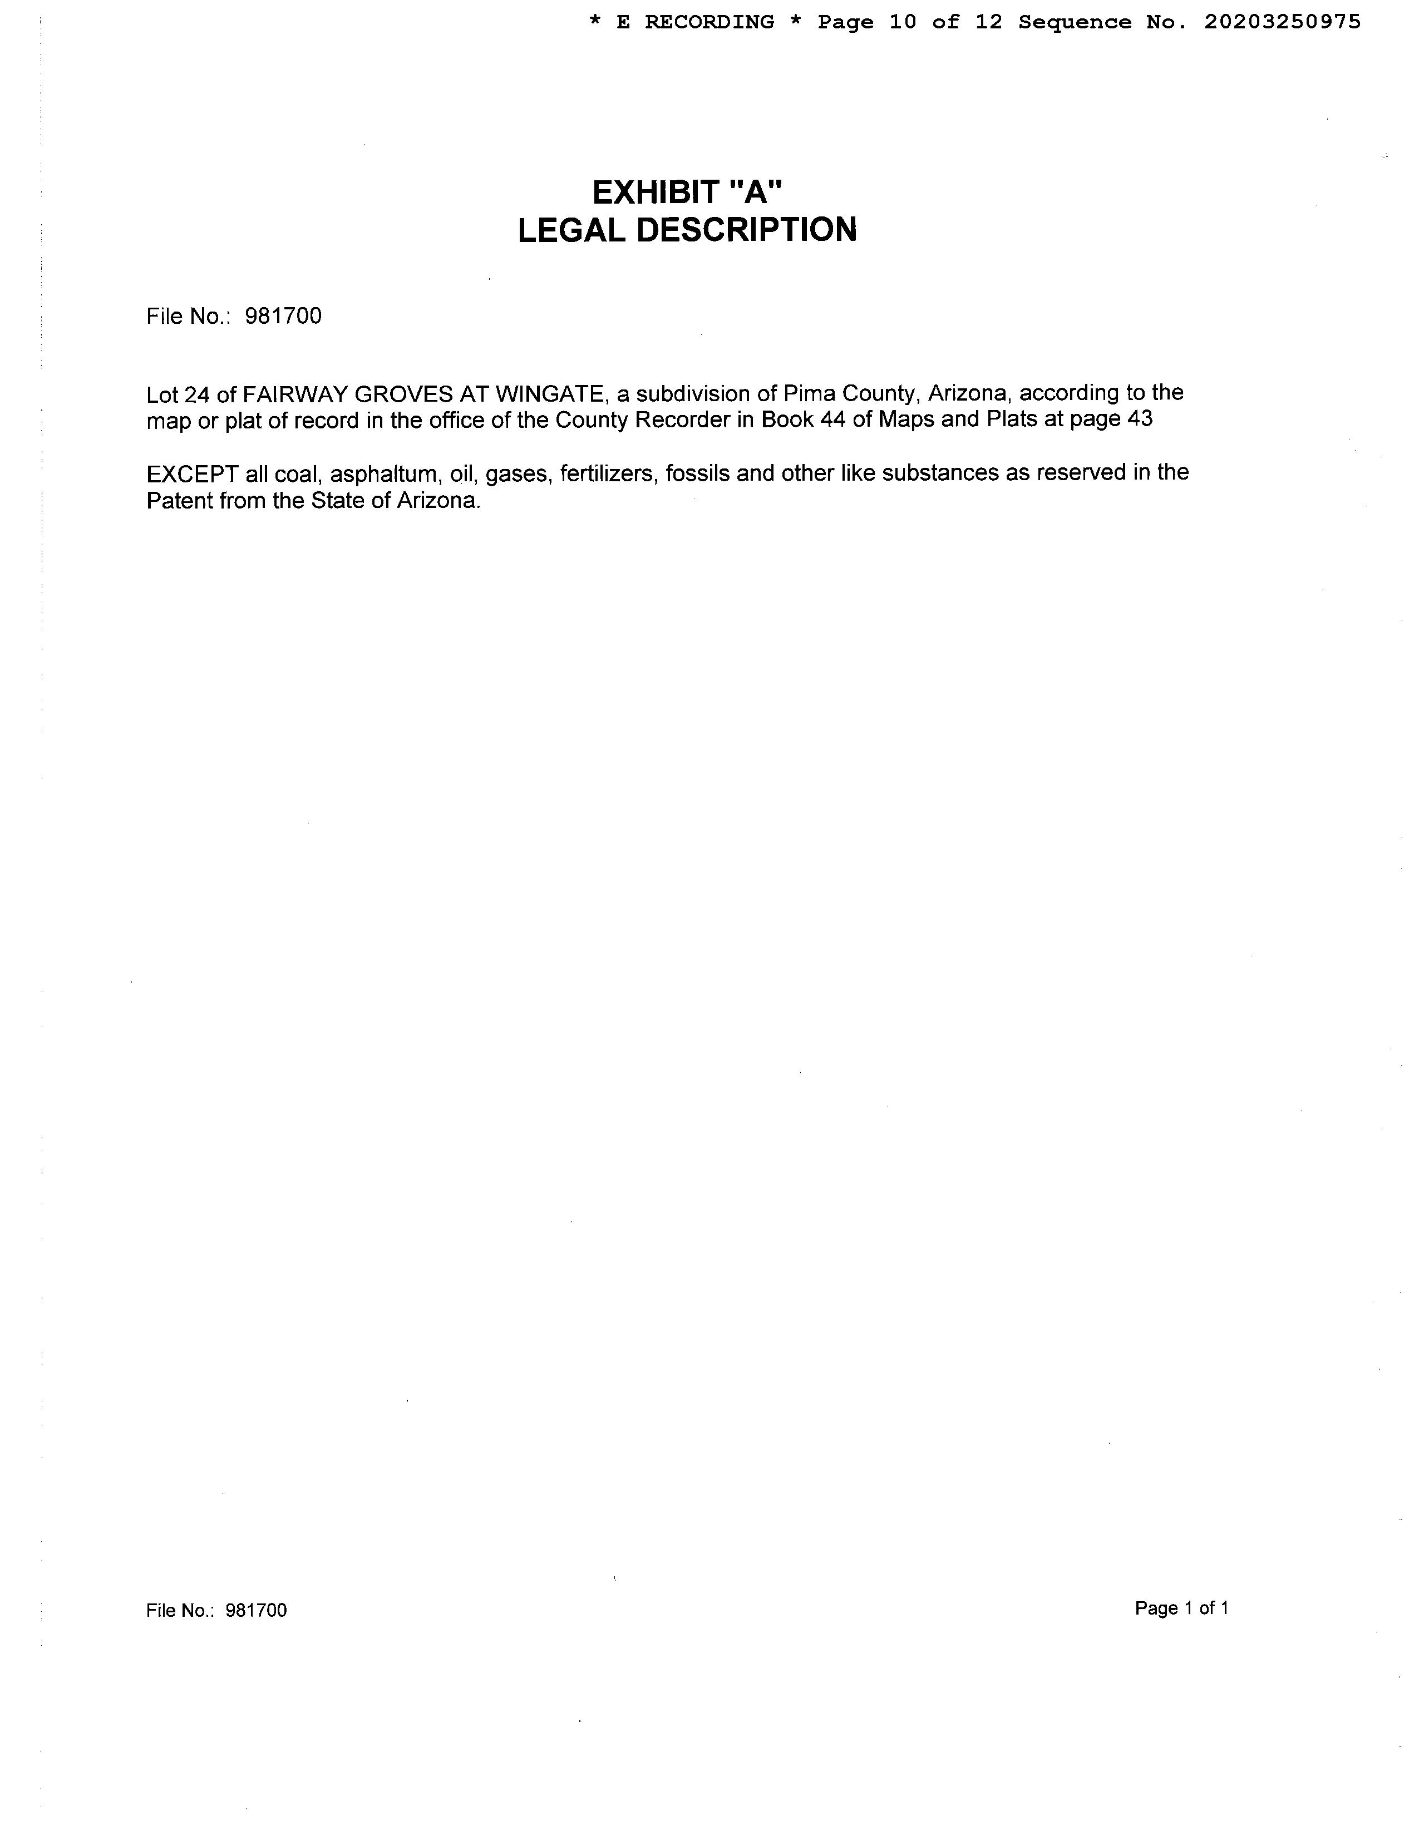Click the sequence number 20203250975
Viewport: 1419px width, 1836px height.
tap(1282, 23)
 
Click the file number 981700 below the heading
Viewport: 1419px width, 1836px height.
tap(283, 316)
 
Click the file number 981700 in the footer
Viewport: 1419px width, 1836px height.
tap(257, 1610)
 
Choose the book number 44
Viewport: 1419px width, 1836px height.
tap(832, 419)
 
